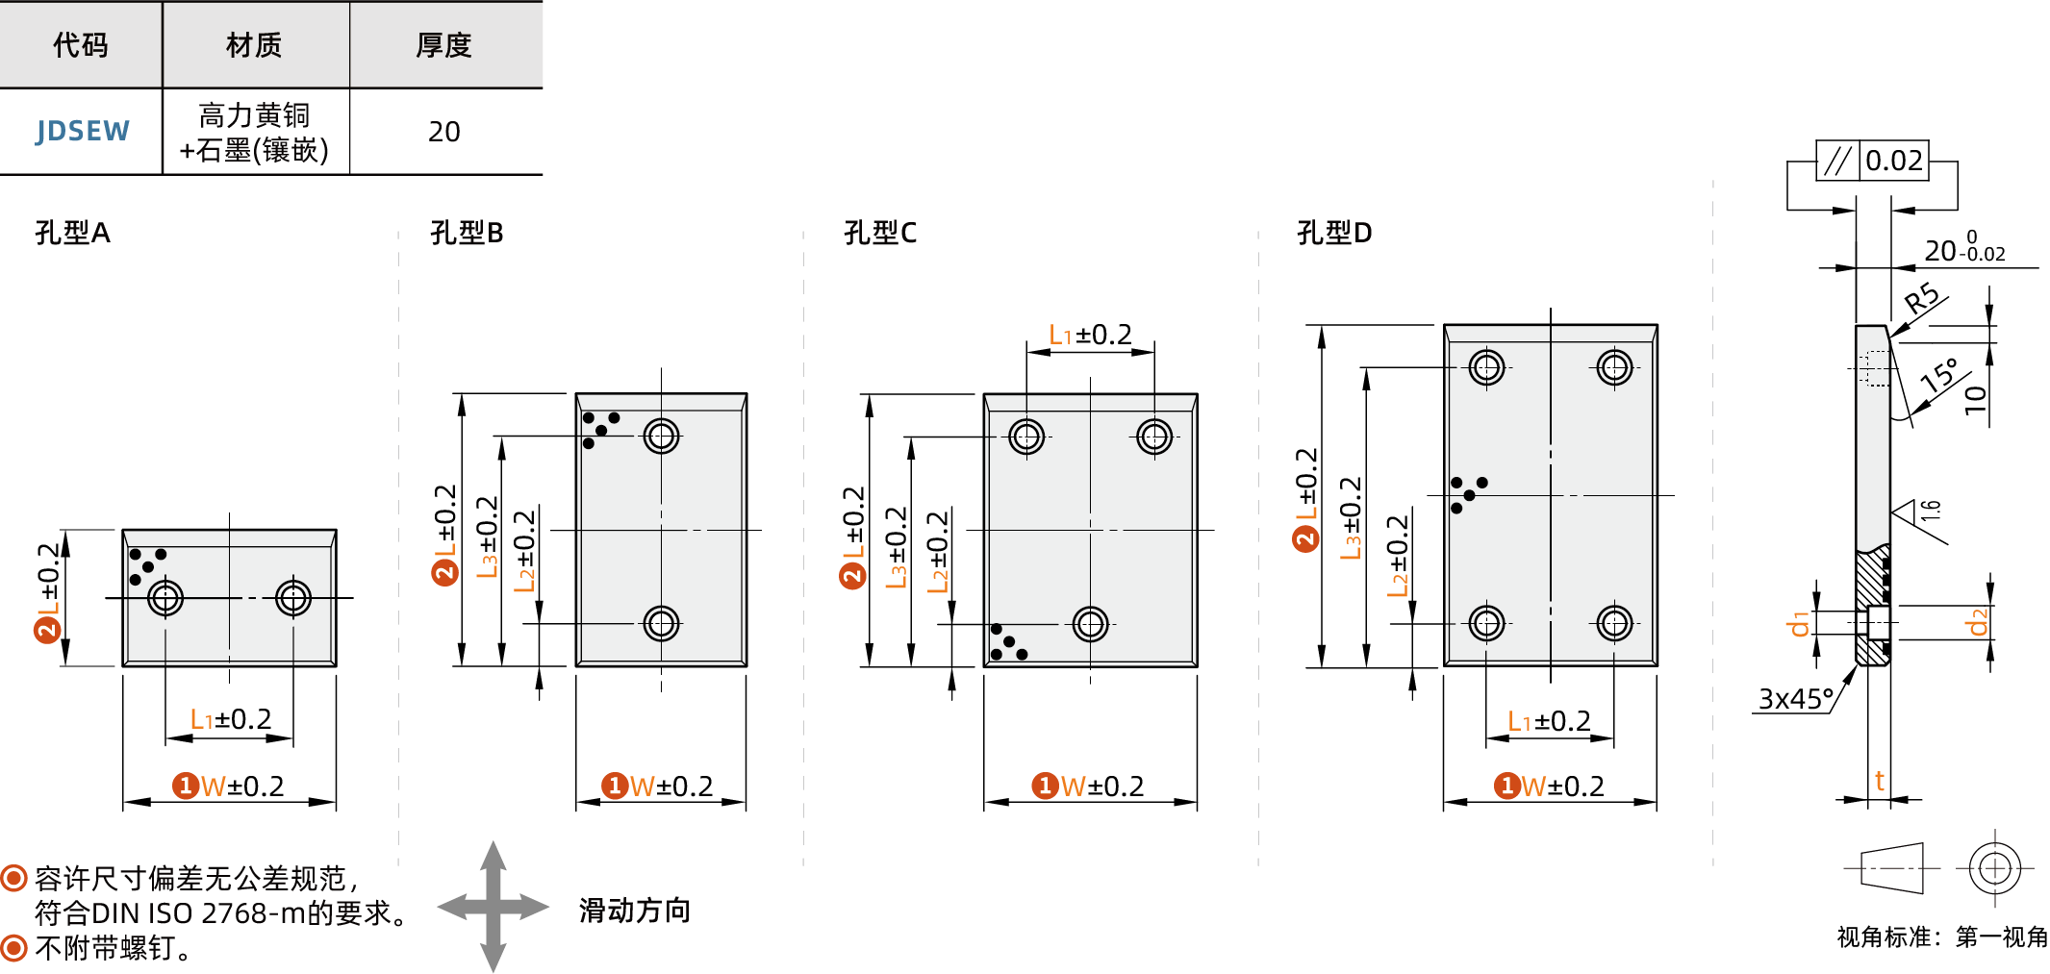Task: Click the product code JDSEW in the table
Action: pyautogui.click(x=83, y=131)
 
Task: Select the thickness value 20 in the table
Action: pyautogui.click(x=443, y=132)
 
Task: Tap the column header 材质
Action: pyautogui.click(x=254, y=45)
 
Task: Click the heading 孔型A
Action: pyautogui.click(x=72, y=233)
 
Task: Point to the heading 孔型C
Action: pyautogui.click(x=879, y=233)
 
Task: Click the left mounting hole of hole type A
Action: pyautogui.click(x=165, y=598)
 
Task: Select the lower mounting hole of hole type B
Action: pyautogui.click(x=661, y=623)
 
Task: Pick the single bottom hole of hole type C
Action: pyautogui.click(x=1090, y=624)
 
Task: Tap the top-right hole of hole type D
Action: pyautogui.click(x=1614, y=367)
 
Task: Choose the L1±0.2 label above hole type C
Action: pyautogui.click(x=1090, y=335)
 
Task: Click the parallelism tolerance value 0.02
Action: pyautogui.click(x=1893, y=161)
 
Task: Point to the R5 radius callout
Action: pyautogui.click(x=1921, y=299)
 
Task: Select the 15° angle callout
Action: pyautogui.click(x=1939, y=374)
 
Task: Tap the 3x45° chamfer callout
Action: pyautogui.click(x=1795, y=699)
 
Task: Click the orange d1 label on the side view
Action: pyautogui.click(x=1797, y=624)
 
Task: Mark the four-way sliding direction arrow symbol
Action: pyautogui.click(x=493, y=907)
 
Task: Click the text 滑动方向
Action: pyautogui.click(x=635, y=911)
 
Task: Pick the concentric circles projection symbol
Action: pyautogui.click(x=1994, y=868)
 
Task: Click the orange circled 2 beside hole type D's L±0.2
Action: pyautogui.click(x=1305, y=538)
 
